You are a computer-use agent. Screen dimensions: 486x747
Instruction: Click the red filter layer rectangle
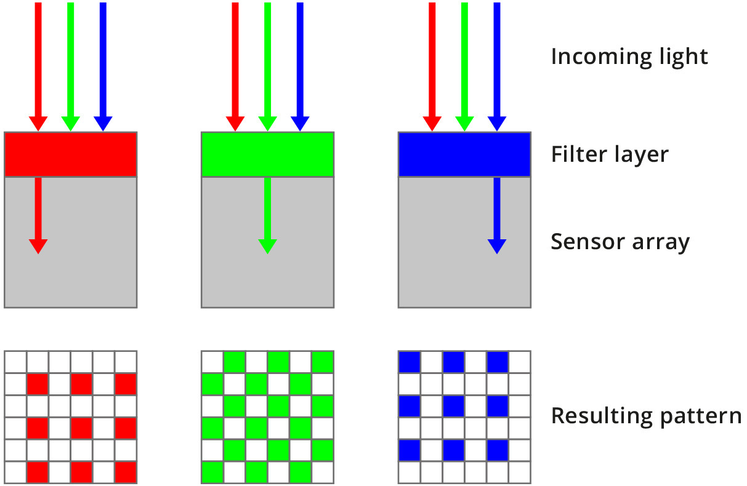(70, 154)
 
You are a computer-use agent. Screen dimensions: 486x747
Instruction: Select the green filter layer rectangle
(267, 154)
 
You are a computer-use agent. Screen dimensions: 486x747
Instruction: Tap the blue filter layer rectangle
(464, 154)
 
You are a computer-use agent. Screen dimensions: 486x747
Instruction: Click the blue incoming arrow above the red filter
(103, 62)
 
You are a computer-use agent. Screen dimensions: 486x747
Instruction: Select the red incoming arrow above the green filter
(235, 62)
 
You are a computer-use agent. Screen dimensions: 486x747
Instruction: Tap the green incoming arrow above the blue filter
(464, 62)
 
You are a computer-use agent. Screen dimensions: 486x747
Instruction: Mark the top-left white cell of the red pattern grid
(15, 361)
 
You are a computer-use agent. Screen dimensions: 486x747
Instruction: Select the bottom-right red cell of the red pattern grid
(126, 472)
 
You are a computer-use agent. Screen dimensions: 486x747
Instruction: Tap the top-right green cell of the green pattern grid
(323, 361)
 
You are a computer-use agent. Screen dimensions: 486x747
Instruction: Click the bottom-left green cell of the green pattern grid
(212, 472)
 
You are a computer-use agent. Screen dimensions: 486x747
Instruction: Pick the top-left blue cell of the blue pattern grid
(410, 361)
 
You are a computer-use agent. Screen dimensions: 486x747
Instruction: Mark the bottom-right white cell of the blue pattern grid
(520, 472)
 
